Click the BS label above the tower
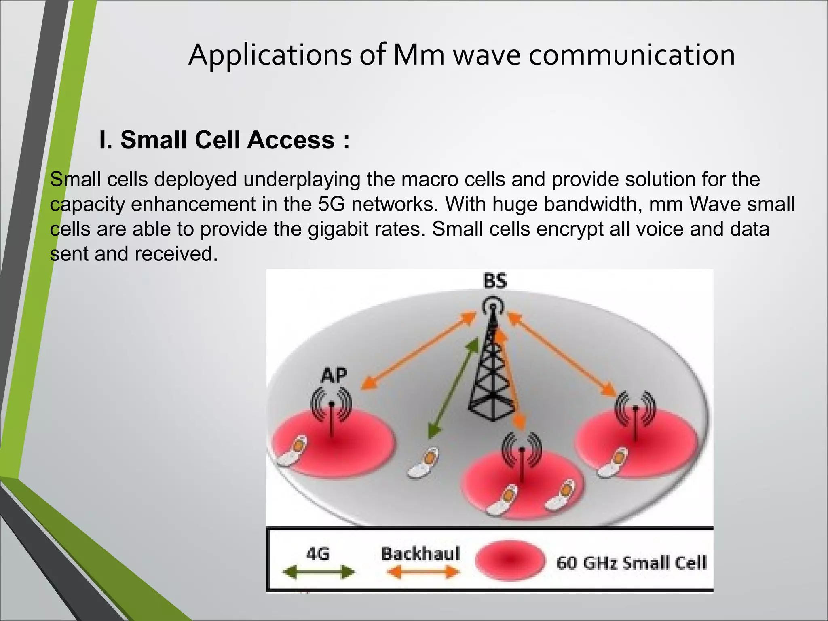495,281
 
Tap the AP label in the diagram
334,376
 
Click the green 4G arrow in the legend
318,572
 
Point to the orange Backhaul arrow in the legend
423,572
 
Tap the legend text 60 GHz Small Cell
632,562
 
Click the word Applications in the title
270,55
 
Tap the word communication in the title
632,55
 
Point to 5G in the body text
331,204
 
